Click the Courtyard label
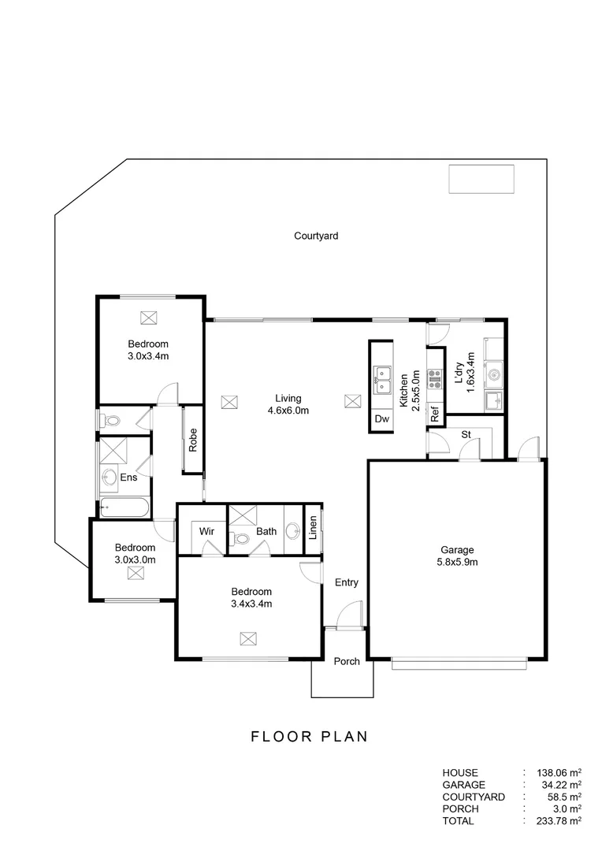point(315,236)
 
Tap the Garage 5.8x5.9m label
point(456,556)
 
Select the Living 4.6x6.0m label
point(287,404)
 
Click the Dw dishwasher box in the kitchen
point(381,419)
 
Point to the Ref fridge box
point(434,414)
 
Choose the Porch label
point(347,661)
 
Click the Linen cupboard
point(313,527)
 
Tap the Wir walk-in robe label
point(207,531)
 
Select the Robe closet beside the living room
point(192,440)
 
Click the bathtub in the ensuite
point(124,508)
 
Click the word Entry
point(347,583)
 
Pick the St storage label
point(466,434)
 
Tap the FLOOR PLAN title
point(309,738)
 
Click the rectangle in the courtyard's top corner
point(481,179)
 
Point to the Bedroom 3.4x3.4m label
point(251,598)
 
